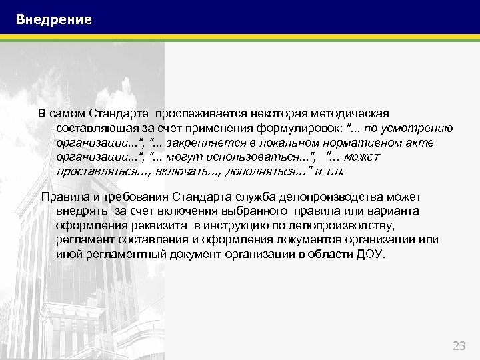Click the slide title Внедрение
[x=54, y=20]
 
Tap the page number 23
[x=459, y=345]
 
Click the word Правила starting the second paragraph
[x=62, y=197]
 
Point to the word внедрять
[x=81, y=211]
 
